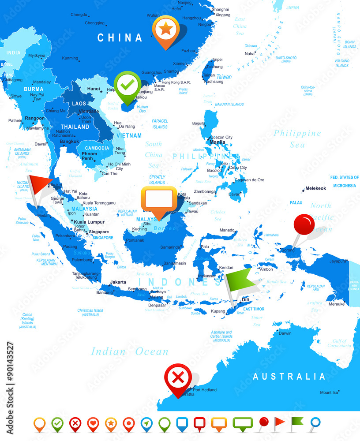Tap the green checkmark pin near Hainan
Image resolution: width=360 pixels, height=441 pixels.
127,85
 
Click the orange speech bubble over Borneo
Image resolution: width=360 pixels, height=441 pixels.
159,198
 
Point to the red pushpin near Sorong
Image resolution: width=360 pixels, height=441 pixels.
304,224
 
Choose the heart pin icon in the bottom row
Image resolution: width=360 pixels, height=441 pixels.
93,424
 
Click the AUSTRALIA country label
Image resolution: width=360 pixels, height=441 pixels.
289,377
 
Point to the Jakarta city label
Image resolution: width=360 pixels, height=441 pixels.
118,282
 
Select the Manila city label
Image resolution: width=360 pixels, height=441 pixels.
217,142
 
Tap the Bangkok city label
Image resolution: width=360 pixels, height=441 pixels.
69,142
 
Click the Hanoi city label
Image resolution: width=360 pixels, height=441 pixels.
94,89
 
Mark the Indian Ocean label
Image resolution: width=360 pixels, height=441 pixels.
130,351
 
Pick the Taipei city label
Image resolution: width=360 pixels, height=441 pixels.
217,59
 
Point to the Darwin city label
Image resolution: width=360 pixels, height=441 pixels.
285,333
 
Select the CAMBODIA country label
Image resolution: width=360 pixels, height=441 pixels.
96,148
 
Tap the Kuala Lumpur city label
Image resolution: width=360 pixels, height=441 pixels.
89,222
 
